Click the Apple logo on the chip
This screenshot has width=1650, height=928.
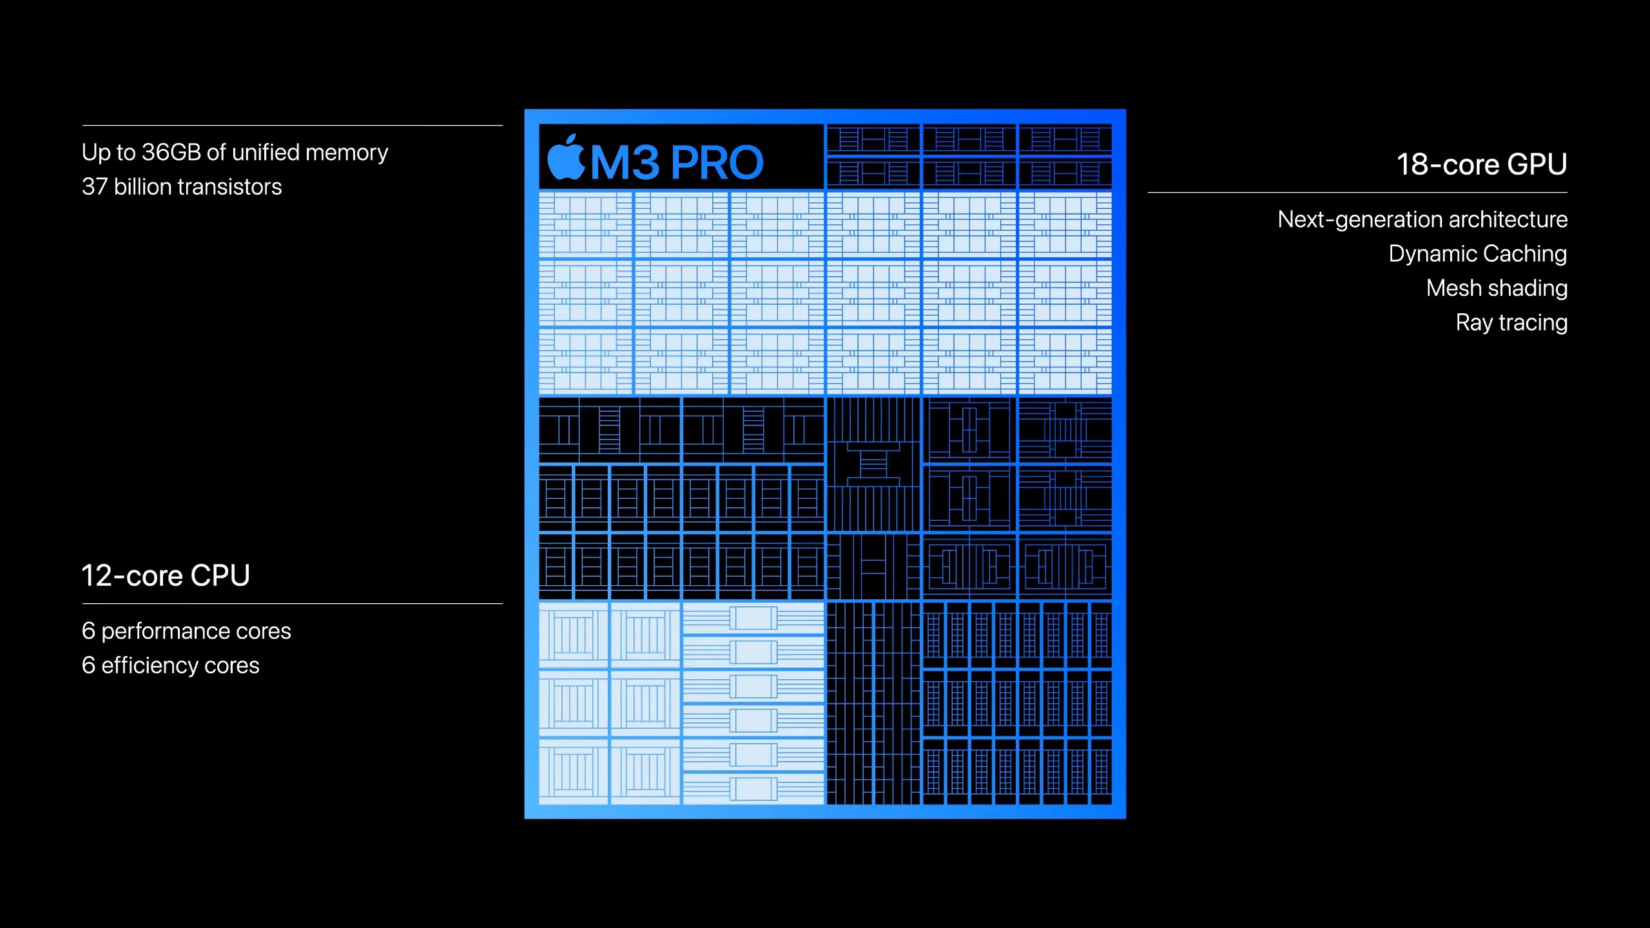click(x=565, y=158)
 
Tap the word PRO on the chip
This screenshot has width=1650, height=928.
click(x=717, y=162)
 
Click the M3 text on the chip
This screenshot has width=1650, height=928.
click(x=625, y=162)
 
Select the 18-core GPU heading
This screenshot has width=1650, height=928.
click(x=1481, y=164)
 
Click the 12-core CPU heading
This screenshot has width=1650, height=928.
click(x=166, y=575)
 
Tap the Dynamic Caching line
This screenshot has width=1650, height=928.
click(x=1477, y=254)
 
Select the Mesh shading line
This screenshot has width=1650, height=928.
click(x=1497, y=288)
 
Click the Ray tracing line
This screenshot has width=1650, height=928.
click(x=1511, y=322)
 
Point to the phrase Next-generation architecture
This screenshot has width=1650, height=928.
click(x=1422, y=220)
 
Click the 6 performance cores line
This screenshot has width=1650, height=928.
click(x=186, y=631)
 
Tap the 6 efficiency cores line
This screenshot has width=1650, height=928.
click(x=170, y=665)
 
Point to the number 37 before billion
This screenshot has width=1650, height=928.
click(x=94, y=187)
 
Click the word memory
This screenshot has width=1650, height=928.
click(x=347, y=153)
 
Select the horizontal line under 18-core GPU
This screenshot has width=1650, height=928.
click(x=1357, y=192)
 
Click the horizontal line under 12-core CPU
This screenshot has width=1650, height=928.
click(x=292, y=604)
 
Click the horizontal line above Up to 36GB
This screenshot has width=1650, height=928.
click(x=292, y=125)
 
